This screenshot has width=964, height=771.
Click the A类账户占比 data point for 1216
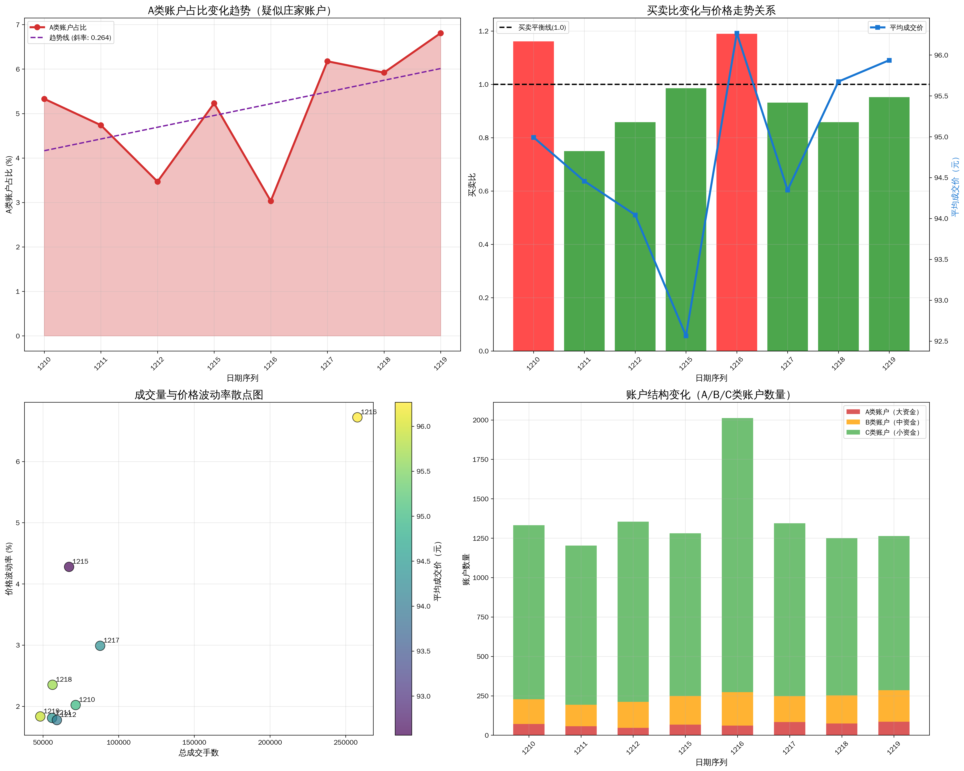click(x=270, y=201)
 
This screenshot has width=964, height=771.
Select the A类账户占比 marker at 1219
click(x=440, y=33)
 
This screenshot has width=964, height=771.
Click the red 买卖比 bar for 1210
click(x=533, y=197)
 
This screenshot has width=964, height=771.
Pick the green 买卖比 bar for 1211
click(x=584, y=250)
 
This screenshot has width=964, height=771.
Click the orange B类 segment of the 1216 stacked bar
click(x=737, y=709)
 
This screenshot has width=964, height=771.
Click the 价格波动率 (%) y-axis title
click(x=9, y=569)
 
